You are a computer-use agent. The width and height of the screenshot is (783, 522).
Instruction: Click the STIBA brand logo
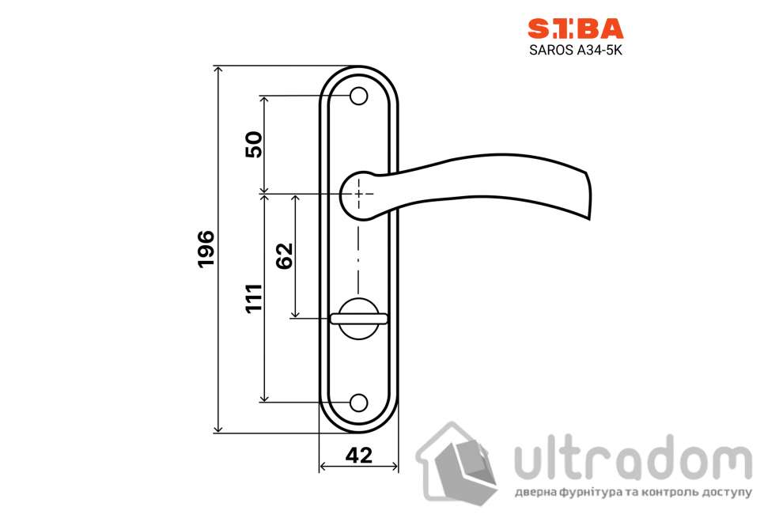(x=575, y=29)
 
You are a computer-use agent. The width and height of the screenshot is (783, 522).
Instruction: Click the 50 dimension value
(x=254, y=145)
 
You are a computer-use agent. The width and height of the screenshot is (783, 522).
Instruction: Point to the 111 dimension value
(x=254, y=297)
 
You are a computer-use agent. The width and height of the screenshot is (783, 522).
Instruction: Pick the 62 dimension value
(x=285, y=255)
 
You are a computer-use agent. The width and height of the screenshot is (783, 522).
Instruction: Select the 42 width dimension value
(x=359, y=455)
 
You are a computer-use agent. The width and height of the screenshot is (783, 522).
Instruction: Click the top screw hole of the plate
(x=359, y=96)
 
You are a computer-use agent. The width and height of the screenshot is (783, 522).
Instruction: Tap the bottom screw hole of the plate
(x=359, y=402)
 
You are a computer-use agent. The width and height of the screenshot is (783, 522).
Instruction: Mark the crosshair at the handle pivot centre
(x=359, y=193)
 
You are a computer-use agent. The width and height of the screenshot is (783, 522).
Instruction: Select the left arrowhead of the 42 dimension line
(x=323, y=467)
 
